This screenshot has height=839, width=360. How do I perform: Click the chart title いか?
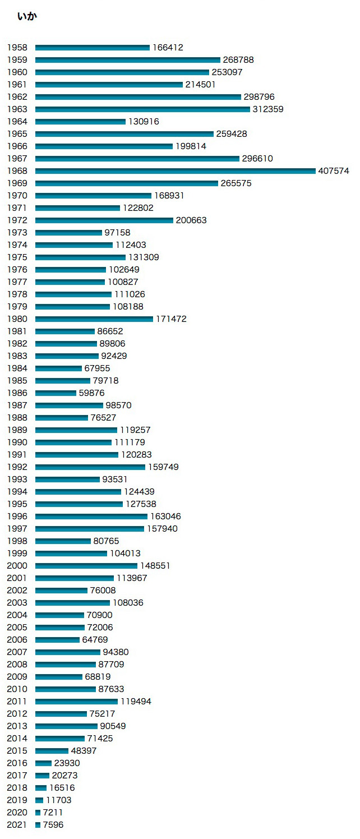click(27, 17)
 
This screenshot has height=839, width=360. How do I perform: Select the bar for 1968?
click(175, 171)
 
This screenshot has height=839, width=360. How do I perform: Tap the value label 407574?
click(334, 171)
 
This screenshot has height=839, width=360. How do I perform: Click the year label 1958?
click(17, 48)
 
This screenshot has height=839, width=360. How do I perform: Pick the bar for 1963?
click(142, 109)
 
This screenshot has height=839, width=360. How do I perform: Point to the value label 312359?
click(268, 109)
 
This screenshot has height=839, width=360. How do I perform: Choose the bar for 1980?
click(94, 319)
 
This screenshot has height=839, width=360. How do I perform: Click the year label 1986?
click(17, 393)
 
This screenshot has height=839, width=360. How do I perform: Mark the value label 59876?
click(91, 393)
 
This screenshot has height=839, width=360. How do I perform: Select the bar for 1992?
click(90, 467)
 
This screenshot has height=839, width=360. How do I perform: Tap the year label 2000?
click(17, 566)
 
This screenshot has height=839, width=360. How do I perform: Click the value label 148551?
click(155, 566)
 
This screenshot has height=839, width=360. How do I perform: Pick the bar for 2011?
click(76, 702)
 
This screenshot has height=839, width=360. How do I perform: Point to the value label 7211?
click(53, 813)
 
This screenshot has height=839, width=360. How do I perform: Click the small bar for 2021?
click(38, 825)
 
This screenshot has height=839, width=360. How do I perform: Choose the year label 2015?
click(17, 751)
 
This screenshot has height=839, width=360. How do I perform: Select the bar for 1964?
click(80, 122)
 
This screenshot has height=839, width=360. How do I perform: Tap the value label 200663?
click(191, 220)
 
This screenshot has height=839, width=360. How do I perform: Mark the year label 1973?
click(17, 233)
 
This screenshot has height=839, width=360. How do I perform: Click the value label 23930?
click(67, 763)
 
